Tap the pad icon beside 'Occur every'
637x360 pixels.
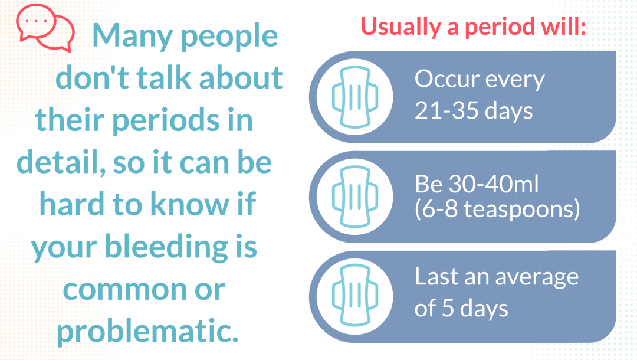tap(355, 97)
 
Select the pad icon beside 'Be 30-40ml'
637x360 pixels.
tap(355, 197)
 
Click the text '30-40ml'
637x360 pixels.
tap(494, 184)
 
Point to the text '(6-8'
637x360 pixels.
tap(436, 210)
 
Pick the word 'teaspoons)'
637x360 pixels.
tap(522, 210)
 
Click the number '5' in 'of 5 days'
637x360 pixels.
tap(448, 308)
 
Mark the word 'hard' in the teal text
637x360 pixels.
tap(72, 204)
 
